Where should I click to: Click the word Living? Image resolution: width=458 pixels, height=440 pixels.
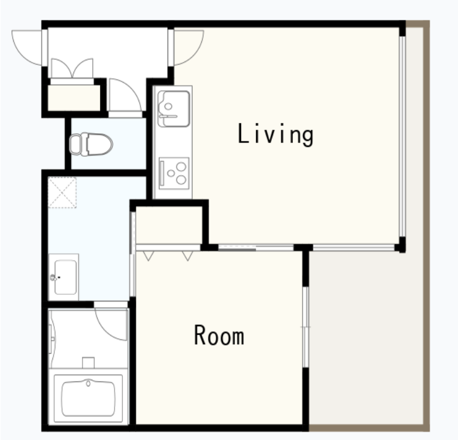(x=276, y=134)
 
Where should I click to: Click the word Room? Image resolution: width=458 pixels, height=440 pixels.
(x=219, y=335)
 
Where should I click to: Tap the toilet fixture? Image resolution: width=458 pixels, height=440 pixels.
(x=91, y=144)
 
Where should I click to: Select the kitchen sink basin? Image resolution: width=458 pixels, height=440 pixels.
(x=173, y=108)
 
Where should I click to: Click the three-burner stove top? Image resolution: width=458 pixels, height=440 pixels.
(x=174, y=173)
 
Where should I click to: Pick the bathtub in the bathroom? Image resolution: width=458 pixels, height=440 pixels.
(x=89, y=398)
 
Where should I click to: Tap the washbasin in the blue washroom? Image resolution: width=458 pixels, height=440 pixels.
(x=64, y=277)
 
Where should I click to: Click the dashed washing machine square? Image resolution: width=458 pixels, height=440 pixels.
(x=62, y=192)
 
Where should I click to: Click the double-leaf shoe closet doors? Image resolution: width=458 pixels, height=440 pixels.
(x=72, y=68)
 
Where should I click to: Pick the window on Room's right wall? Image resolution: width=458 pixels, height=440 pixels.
(x=306, y=327)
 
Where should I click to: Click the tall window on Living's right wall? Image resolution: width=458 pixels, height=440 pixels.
(x=402, y=136)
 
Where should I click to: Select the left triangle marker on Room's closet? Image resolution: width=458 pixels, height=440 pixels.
(x=148, y=256)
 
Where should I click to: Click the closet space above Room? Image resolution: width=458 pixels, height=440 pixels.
(x=169, y=225)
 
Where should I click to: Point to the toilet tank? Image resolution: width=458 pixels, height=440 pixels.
(x=75, y=144)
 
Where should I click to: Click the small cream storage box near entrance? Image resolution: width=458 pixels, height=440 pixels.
(x=74, y=98)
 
